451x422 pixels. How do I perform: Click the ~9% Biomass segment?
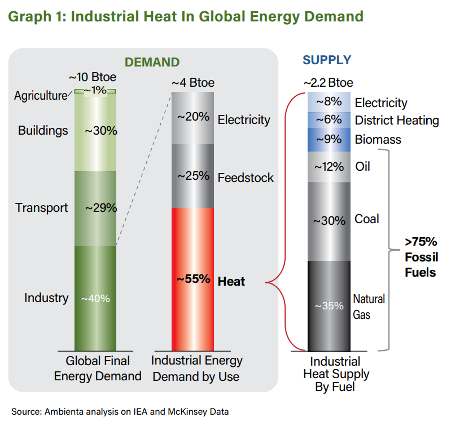pyautogui.click(x=329, y=140)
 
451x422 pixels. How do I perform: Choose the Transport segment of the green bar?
pyautogui.click(x=95, y=208)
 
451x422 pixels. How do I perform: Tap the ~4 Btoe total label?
pyautogui.click(x=193, y=83)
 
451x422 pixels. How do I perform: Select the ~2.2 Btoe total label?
pyautogui.click(x=328, y=83)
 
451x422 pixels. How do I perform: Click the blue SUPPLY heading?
pyautogui.click(x=327, y=60)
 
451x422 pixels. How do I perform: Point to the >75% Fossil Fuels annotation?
pyautogui.click(x=421, y=257)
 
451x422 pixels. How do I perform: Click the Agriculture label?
pyautogui.click(x=40, y=96)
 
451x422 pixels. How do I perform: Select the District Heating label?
pyautogui.click(x=397, y=121)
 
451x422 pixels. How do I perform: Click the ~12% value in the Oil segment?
pyautogui.click(x=329, y=167)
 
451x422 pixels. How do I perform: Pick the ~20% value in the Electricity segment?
pyautogui.click(x=193, y=117)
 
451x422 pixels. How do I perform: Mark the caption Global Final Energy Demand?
pyautogui.click(x=98, y=368)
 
